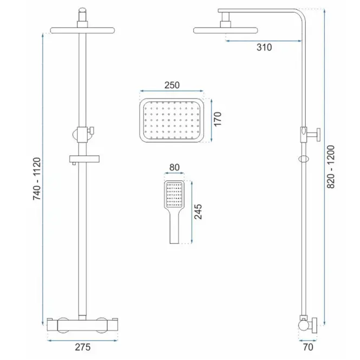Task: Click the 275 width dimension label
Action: (83, 347)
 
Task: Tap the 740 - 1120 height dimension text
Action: (37, 179)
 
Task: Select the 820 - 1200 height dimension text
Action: (331, 167)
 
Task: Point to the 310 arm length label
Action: (264, 47)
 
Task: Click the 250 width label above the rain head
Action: (172, 85)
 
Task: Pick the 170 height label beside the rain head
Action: (217, 119)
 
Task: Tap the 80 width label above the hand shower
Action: (174, 167)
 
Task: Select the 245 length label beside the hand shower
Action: (198, 212)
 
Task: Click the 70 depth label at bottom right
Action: (308, 347)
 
